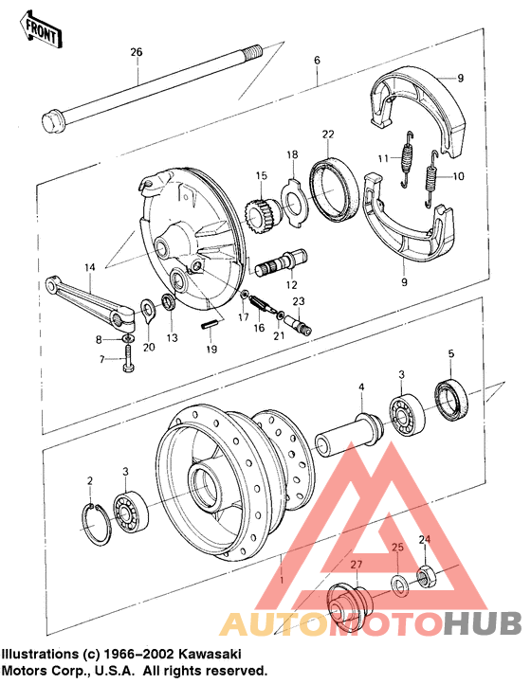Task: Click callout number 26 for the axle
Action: tap(135, 51)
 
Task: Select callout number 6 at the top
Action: tap(317, 61)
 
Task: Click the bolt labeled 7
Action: tap(126, 360)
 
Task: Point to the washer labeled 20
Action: tap(149, 308)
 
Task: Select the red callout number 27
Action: tap(357, 567)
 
